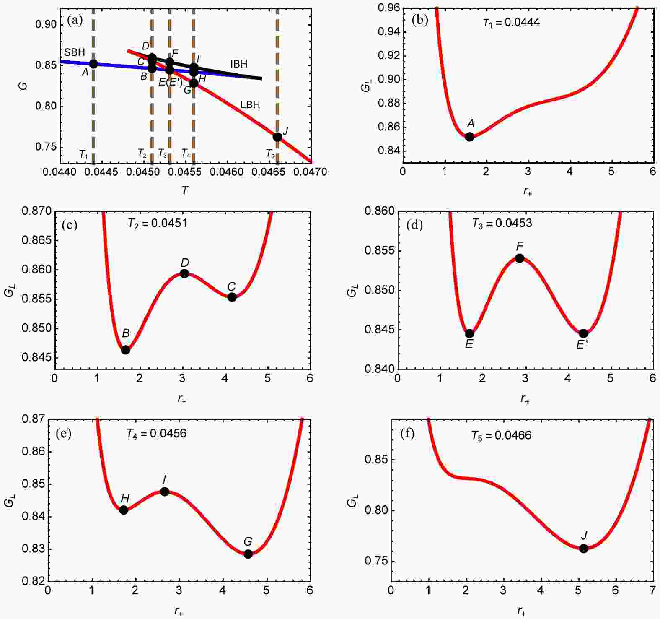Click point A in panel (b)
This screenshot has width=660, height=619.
(x=469, y=136)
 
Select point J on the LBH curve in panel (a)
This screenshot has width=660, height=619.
(x=277, y=137)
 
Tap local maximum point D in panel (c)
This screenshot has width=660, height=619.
(x=184, y=273)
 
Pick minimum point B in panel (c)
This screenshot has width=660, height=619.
(x=125, y=350)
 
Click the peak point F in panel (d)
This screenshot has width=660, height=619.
(x=520, y=258)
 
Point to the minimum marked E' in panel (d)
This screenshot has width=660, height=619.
(x=583, y=333)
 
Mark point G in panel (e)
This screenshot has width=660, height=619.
(x=248, y=554)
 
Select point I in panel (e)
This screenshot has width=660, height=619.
(x=165, y=491)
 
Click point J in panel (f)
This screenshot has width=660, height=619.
(x=584, y=549)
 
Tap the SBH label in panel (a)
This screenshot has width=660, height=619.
(x=74, y=52)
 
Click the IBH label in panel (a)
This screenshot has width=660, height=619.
(x=239, y=64)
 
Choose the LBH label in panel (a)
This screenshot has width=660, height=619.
(x=250, y=105)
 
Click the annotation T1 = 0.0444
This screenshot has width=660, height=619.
(x=511, y=22)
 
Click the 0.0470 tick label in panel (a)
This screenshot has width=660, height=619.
(x=311, y=172)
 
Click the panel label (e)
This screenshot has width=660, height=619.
(x=63, y=433)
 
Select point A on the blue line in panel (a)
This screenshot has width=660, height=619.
(x=93, y=64)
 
